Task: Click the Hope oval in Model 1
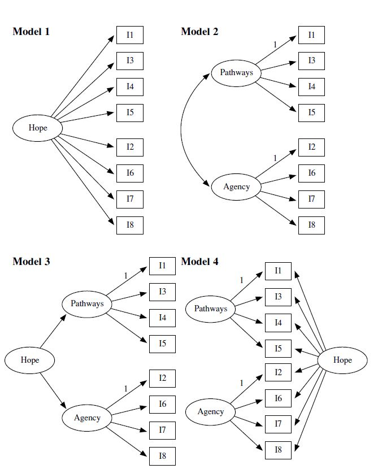[x=38, y=128]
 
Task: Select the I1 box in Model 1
[x=130, y=35]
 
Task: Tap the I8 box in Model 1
[x=130, y=225]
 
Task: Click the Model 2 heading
[x=199, y=32]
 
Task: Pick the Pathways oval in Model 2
[x=236, y=73]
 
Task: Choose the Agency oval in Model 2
[x=236, y=186]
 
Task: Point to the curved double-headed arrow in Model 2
[x=182, y=130]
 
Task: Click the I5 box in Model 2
[x=311, y=112]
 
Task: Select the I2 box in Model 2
[x=311, y=147]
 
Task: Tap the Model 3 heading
[x=31, y=262]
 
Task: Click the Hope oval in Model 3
[x=30, y=360]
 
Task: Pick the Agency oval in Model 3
[x=87, y=418]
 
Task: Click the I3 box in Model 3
[x=162, y=292]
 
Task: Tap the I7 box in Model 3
[x=162, y=430]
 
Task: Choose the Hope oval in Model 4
[x=342, y=360]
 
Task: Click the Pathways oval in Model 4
[x=211, y=309]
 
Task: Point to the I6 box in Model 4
[x=278, y=398]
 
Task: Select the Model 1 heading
[x=31, y=32]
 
